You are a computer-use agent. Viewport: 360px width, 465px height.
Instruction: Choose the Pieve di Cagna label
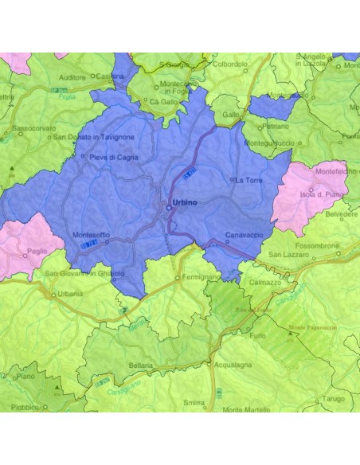click(115, 158)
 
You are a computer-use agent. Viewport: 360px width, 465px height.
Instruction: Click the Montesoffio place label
click(91, 235)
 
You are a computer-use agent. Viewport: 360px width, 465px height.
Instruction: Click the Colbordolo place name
click(230, 64)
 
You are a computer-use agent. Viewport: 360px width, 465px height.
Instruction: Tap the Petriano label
click(276, 126)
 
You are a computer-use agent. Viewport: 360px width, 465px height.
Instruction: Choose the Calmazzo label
click(265, 281)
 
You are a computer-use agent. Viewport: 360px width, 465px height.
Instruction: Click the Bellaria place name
click(140, 365)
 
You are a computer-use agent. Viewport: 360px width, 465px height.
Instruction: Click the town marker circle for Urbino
click(168, 209)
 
